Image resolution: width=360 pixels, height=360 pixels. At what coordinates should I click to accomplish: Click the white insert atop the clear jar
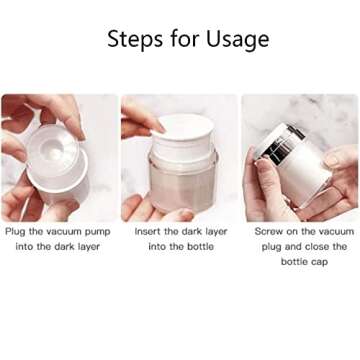(185, 130)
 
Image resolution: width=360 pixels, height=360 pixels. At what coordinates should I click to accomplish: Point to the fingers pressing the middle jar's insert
(140, 120)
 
